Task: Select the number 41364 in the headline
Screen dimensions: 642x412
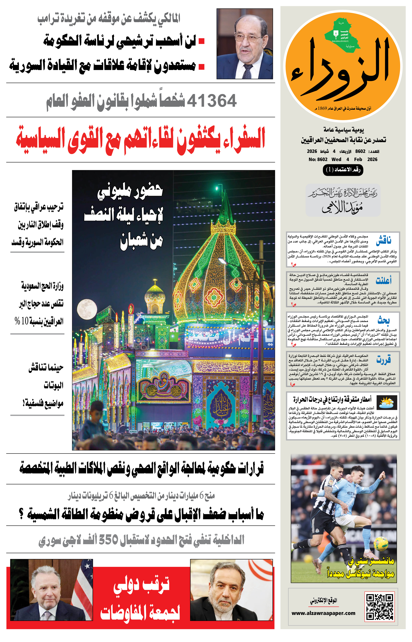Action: pos(212,101)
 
